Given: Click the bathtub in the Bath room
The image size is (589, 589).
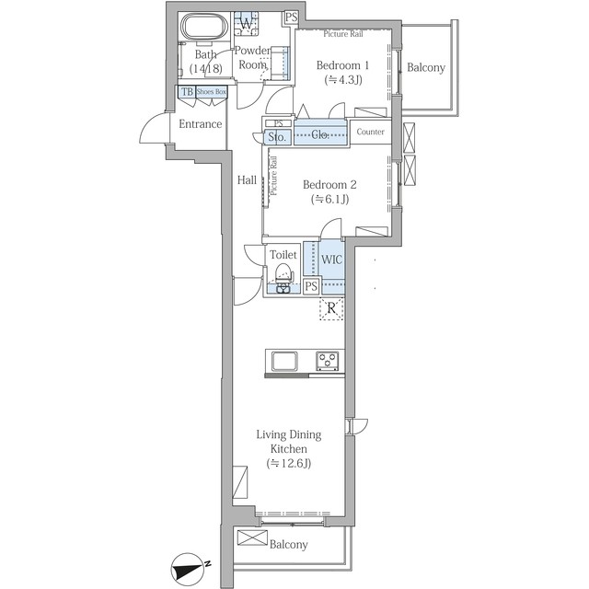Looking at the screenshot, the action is coord(204,27).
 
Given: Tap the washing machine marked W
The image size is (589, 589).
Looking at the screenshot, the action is coord(247,23).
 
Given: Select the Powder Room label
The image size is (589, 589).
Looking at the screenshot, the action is coord(252,57).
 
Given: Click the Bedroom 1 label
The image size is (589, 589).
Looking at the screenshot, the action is coord(342,65).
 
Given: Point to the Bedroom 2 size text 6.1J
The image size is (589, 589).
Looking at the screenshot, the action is coord(329,199).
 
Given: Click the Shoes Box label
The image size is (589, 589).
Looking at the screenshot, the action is coord(212,92).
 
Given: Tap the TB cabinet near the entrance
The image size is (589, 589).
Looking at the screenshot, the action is coord(187,92).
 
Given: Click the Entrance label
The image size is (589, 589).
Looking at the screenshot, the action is coord(201,124).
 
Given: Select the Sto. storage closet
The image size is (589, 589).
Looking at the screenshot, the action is coord(277,137).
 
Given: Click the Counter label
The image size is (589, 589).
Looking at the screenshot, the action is coord(370,132).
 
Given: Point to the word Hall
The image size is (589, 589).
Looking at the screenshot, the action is coord(247,180).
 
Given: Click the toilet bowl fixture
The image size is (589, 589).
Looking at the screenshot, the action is coord(283,277).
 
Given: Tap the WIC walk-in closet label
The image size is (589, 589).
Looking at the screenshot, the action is coord(331,260).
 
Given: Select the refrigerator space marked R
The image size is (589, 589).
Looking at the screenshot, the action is coord(331,308).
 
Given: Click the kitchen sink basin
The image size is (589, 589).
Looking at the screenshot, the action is coord(284,361).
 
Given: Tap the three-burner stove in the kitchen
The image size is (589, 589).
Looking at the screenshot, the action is coord(328,361).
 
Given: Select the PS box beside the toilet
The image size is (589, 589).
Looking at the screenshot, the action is coord(311,286).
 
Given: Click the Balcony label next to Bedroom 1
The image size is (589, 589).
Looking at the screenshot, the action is coord(426,67).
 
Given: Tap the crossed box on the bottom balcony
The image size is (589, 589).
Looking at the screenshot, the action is coord(252,537).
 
